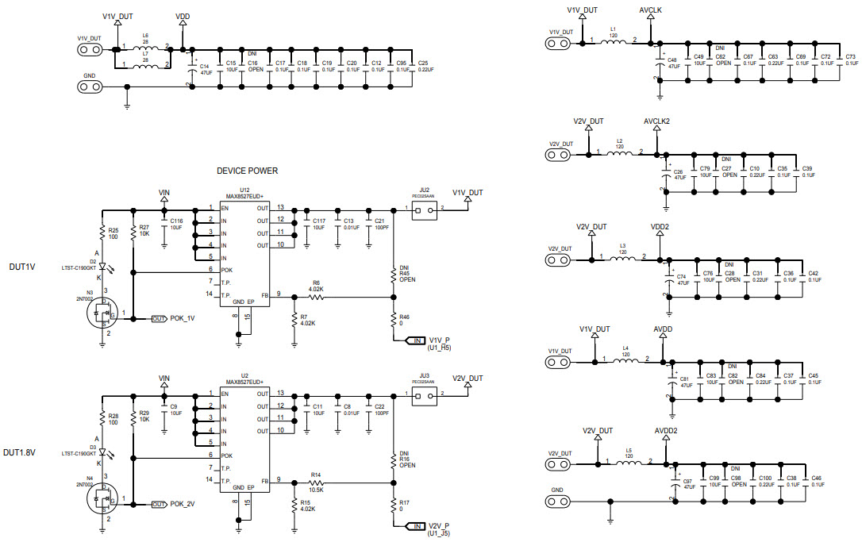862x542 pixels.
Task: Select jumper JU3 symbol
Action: pyautogui.click(x=421, y=394)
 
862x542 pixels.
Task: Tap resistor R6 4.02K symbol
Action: pyautogui.click(x=316, y=297)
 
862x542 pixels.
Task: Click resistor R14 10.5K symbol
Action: pyautogui.click(x=316, y=482)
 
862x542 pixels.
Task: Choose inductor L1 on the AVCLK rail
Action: pyautogui.click(x=613, y=42)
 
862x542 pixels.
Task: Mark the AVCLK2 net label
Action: pyautogui.click(x=656, y=121)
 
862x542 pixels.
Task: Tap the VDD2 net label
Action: pyautogui.click(x=660, y=226)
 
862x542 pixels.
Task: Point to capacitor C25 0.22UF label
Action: pyautogui.click(x=422, y=66)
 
